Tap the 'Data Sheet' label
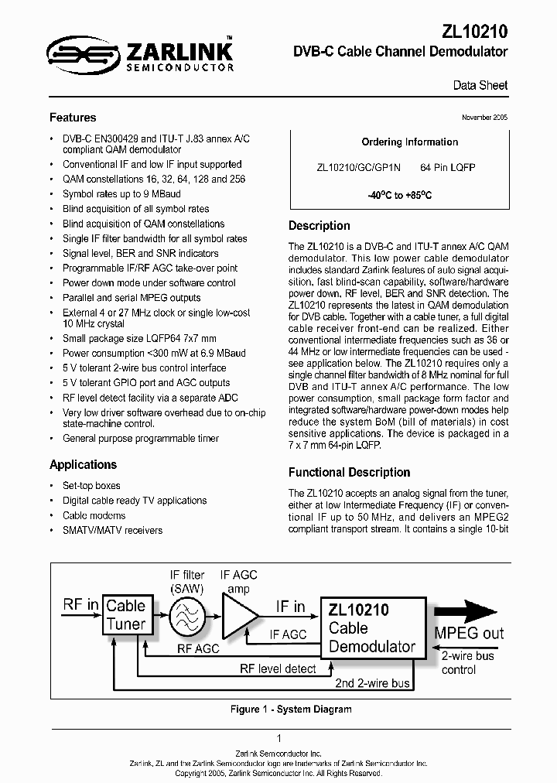pos(480,85)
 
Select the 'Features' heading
pos(73,118)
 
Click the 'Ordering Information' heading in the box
pos(409,142)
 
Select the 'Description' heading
pos(319,226)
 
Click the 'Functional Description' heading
pos(349,472)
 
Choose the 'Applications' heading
pos(83,464)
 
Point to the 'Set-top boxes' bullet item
pos(91,486)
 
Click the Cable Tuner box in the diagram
pos(125,614)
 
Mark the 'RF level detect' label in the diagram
pos(278,668)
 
